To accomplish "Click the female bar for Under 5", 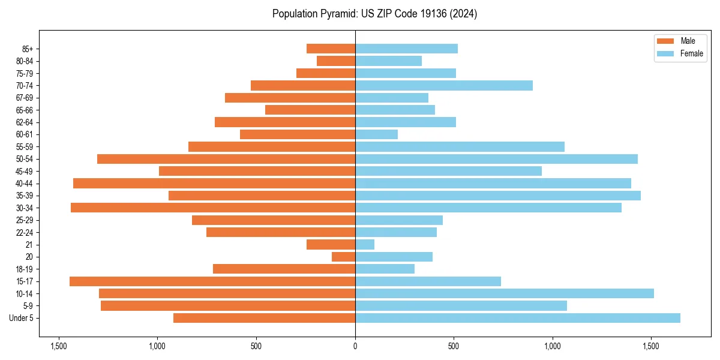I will [517, 318].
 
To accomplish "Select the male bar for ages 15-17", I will [212, 281].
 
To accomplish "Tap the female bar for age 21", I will [365, 245].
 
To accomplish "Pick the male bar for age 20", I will [344, 257].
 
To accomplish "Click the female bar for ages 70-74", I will [444, 85].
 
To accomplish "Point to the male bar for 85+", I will [331, 49].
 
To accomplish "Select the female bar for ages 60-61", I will [377, 134].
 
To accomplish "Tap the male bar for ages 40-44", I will [214, 183].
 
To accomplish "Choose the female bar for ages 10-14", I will [505, 293].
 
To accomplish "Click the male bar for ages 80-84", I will [336, 61].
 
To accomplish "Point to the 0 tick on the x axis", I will [355, 346].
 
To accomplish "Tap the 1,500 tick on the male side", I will [59, 346].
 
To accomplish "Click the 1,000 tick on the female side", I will [553, 346].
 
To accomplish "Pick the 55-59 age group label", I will [25, 147].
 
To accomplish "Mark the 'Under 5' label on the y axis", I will [22, 318].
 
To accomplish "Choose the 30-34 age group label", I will [25, 208].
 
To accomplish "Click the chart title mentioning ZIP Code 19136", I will [374, 14].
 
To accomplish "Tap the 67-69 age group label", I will [25, 98].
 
